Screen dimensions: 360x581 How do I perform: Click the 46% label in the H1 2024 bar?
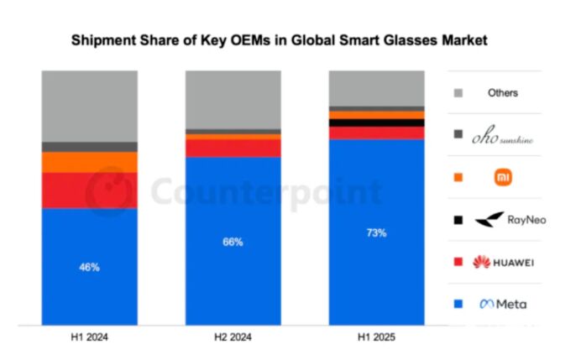pos(90,268)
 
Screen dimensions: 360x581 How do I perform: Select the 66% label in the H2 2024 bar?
pos(233,242)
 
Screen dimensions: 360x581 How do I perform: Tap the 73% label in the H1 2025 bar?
pos(376,232)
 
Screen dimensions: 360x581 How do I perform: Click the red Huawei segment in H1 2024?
pos(90,190)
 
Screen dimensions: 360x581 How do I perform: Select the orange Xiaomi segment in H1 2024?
pos(90,162)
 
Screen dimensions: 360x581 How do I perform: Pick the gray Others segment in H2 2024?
pos(233,99)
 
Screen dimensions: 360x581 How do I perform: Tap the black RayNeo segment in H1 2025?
pos(376,123)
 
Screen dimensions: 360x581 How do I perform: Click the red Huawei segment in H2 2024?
pos(233,148)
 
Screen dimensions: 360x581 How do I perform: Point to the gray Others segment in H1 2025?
pos(376,87)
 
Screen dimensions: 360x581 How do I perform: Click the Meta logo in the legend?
pos(503,304)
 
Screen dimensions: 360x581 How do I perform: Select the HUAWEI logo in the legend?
pos(503,263)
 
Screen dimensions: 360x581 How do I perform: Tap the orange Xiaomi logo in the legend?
pos(503,177)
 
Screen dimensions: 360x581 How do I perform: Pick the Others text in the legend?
pos(503,93)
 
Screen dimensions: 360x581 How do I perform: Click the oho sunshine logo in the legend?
pos(503,134)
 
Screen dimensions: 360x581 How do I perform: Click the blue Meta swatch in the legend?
pos(457,304)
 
